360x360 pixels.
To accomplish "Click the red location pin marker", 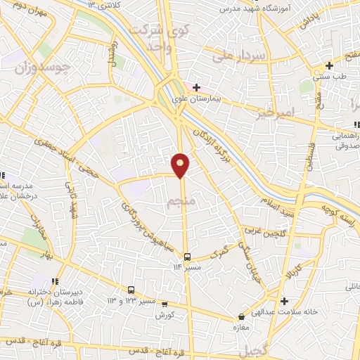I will click(x=181, y=164).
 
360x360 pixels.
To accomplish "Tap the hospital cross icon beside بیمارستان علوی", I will click(x=196, y=87).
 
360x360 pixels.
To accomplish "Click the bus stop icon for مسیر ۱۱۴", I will click(x=187, y=257).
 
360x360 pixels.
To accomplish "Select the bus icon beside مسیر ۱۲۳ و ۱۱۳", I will click(x=131, y=290).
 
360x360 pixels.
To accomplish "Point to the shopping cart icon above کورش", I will click(x=165, y=304).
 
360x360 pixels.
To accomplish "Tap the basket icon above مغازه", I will click(x=241, y=317).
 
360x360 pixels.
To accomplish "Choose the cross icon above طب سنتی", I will click(x=329, y=65).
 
